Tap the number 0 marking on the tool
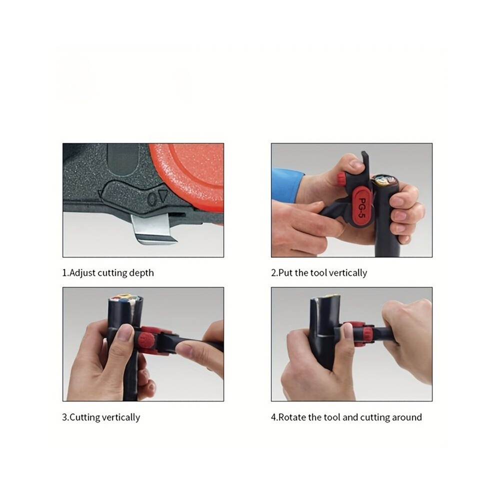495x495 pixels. pyautogui.click(x=152, y=199)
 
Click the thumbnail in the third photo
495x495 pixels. pyautogui.click(x=127, y=332)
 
